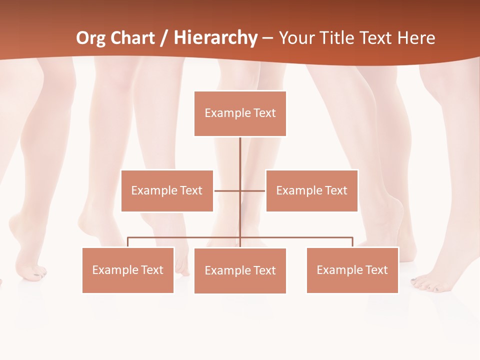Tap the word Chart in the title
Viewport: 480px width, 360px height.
click(132, 38)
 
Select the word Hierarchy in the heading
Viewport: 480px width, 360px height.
click(215, 38)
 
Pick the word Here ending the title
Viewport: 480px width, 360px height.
click(416, 38)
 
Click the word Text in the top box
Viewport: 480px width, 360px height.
click(264, 113)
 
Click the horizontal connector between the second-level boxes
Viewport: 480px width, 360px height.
click(227, 190)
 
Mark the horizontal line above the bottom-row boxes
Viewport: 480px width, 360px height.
click(300, 237)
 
